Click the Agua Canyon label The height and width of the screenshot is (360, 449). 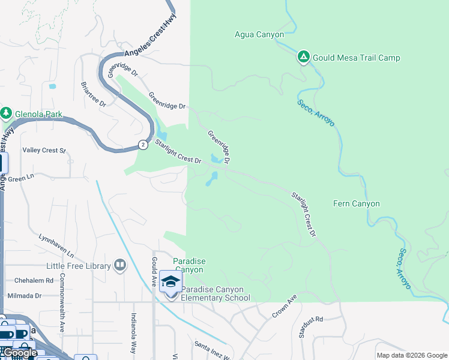point(259,35)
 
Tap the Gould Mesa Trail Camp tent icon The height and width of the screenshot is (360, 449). point(304,58)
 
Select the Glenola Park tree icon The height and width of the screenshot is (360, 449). point(7,113)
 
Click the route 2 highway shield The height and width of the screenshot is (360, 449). point(142,145)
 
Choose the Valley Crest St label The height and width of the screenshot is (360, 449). point(44,150)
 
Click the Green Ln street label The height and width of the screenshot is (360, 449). point(21,178)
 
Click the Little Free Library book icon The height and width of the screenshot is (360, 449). point(120,265)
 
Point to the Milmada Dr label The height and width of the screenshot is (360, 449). point(25,296)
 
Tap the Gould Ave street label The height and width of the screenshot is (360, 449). point(154,272)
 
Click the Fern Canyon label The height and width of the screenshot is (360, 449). point(356,203)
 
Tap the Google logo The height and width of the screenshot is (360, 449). point(19,353)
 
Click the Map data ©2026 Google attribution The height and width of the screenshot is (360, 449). point(412,355)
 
